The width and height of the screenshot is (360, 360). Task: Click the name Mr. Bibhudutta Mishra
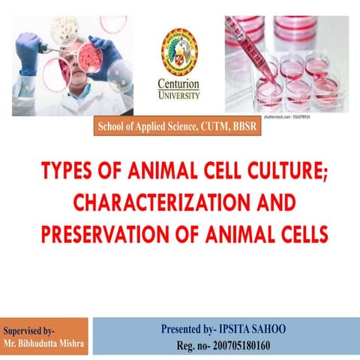[43, 345]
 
